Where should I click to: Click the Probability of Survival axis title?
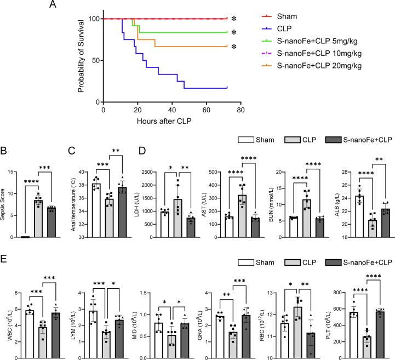81,55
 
